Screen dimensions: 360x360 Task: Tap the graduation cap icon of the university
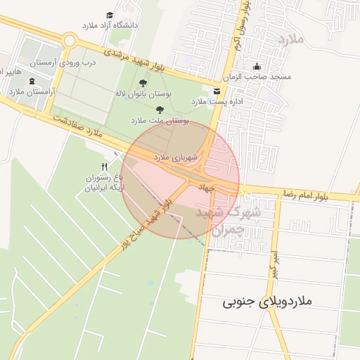pos(110,15)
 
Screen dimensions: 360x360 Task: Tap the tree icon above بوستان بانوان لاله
pos(143,83)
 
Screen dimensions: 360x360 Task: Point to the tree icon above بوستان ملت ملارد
pos(160,110)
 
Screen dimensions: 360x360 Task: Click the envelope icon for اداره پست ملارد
pos(216,91)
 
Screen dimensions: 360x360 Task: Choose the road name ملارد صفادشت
pos(78,124)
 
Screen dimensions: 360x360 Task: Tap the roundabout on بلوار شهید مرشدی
pos(68,40)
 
